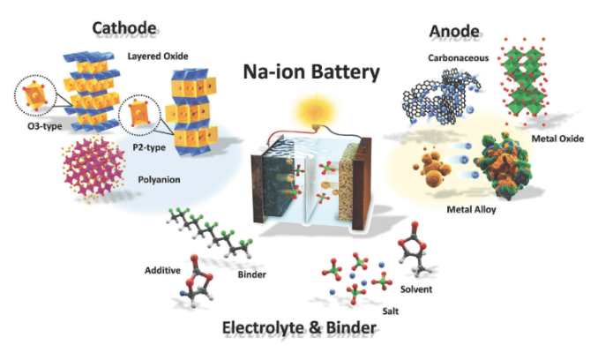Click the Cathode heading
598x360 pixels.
point(124,28)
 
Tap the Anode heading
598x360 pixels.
point(454,31)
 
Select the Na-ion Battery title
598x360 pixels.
point(311,71)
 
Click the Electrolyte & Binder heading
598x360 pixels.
point(299,327)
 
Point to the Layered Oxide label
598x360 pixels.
point(158,56)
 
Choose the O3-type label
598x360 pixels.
point(45,126)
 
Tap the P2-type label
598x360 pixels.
point(149,147)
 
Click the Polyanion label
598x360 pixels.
point(159,179)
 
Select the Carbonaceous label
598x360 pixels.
point(458,58)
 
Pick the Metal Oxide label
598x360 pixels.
point(557,139)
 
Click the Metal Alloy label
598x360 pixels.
point(471,209)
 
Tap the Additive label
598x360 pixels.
point(162,270)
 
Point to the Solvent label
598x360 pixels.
point(416,289)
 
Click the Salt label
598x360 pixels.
point(391,311)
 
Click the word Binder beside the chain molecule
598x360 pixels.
point(251,274)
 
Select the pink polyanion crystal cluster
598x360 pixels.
point(93,169)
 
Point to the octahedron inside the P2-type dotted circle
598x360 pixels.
point(138,114)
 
